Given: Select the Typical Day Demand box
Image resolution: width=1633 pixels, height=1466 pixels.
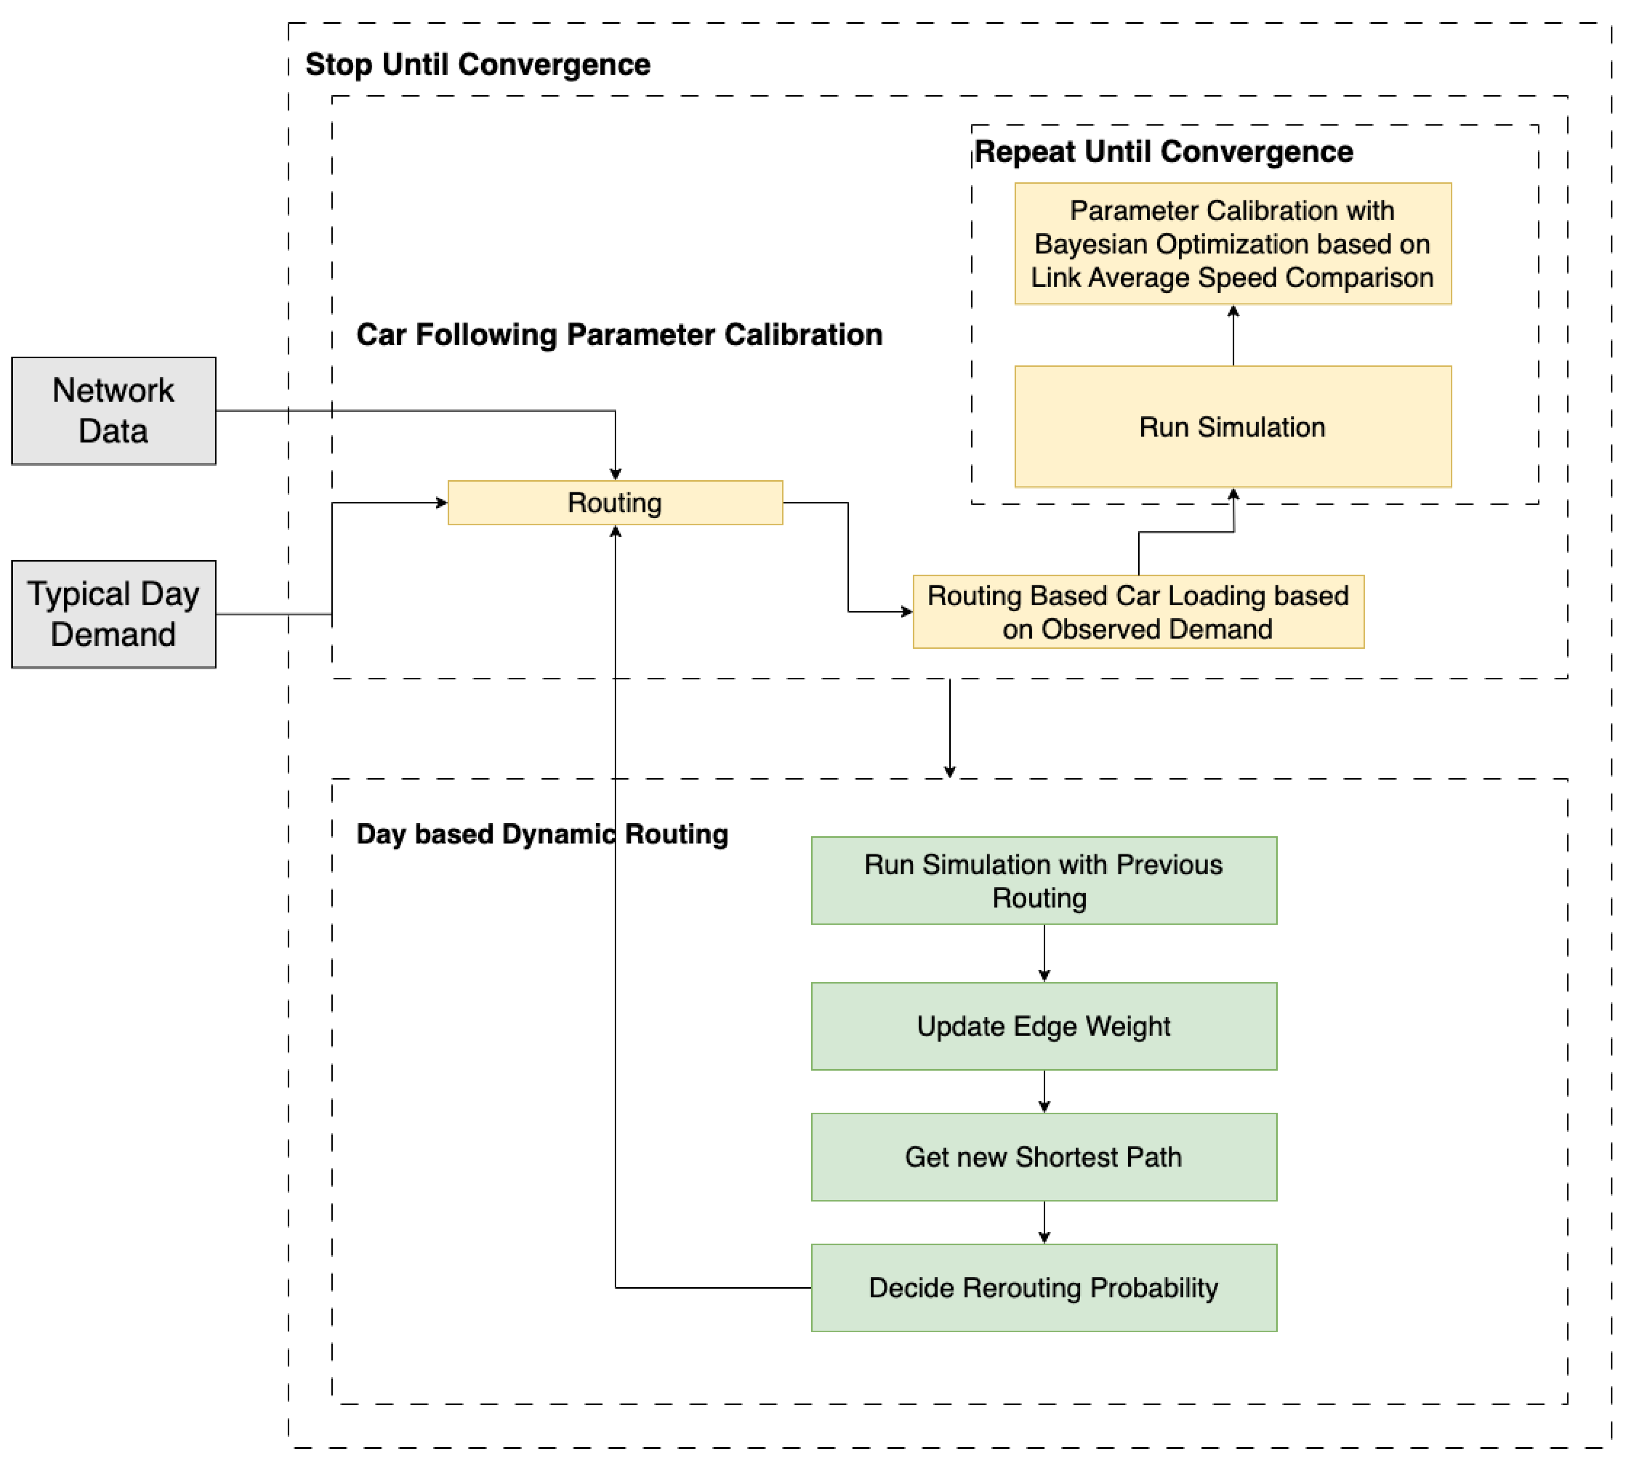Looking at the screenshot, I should (114, 614).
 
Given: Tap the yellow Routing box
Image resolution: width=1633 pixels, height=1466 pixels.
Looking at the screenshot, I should (615, 503).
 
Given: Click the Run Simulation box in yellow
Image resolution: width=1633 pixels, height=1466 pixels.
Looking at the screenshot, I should (1233, 427).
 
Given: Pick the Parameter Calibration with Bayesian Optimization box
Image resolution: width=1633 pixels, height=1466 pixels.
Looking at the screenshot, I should (1233, 243).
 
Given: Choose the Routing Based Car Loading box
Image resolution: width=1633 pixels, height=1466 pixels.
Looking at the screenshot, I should (1137, 611).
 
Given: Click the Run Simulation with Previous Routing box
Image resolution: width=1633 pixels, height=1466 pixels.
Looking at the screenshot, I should (1043, 880).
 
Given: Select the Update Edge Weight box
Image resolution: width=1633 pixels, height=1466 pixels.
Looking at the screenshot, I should (1043, 1026).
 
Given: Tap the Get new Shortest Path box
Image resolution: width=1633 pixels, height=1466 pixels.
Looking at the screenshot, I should (1043, 1157).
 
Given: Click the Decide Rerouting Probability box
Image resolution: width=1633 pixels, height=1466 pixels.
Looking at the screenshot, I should (1043, 1287).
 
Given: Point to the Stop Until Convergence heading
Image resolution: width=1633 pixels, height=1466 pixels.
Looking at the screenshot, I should (478, 64).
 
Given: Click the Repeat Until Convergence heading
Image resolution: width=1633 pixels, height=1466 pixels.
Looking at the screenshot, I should (1163, 152).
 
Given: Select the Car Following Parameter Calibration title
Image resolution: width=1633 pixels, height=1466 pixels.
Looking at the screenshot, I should (619, 334).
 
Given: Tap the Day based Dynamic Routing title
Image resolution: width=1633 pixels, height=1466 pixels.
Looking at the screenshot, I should (542, 834).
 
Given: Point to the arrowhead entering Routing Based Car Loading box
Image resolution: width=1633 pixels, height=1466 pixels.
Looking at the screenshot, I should (907, 611).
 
